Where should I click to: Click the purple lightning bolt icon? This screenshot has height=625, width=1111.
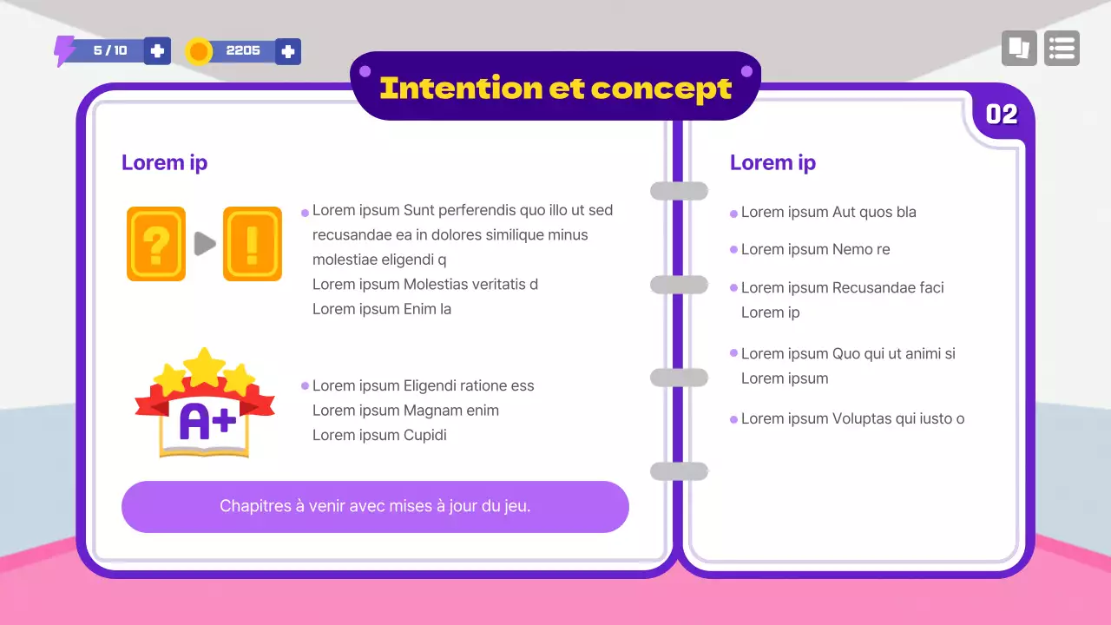(64, 51)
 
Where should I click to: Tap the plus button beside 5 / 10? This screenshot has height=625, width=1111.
(157, 51)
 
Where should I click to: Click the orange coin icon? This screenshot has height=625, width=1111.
(199, 52)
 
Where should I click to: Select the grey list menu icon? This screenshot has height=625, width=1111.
(1062, 49)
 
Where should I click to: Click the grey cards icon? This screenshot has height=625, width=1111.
(1019, 49)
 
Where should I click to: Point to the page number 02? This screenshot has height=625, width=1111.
(1002, 115)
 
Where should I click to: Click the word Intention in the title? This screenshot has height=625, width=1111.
(460, 88)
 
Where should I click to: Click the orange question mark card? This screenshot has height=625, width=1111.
(156, 244)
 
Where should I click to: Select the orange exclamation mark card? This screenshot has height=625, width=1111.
(253, 244)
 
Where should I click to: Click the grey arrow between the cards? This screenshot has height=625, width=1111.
(205, 244)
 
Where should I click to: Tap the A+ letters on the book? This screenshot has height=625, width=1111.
(207, 421)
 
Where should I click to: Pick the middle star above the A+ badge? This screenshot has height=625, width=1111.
(205, 365)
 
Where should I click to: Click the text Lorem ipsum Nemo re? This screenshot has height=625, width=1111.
(815, 250)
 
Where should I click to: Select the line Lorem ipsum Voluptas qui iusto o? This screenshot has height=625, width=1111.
(852, 419)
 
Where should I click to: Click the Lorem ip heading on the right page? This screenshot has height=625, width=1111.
(772, 162)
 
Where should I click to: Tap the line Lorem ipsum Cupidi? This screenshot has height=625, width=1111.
(379, 435)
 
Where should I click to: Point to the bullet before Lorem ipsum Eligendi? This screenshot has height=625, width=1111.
(305, 386)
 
